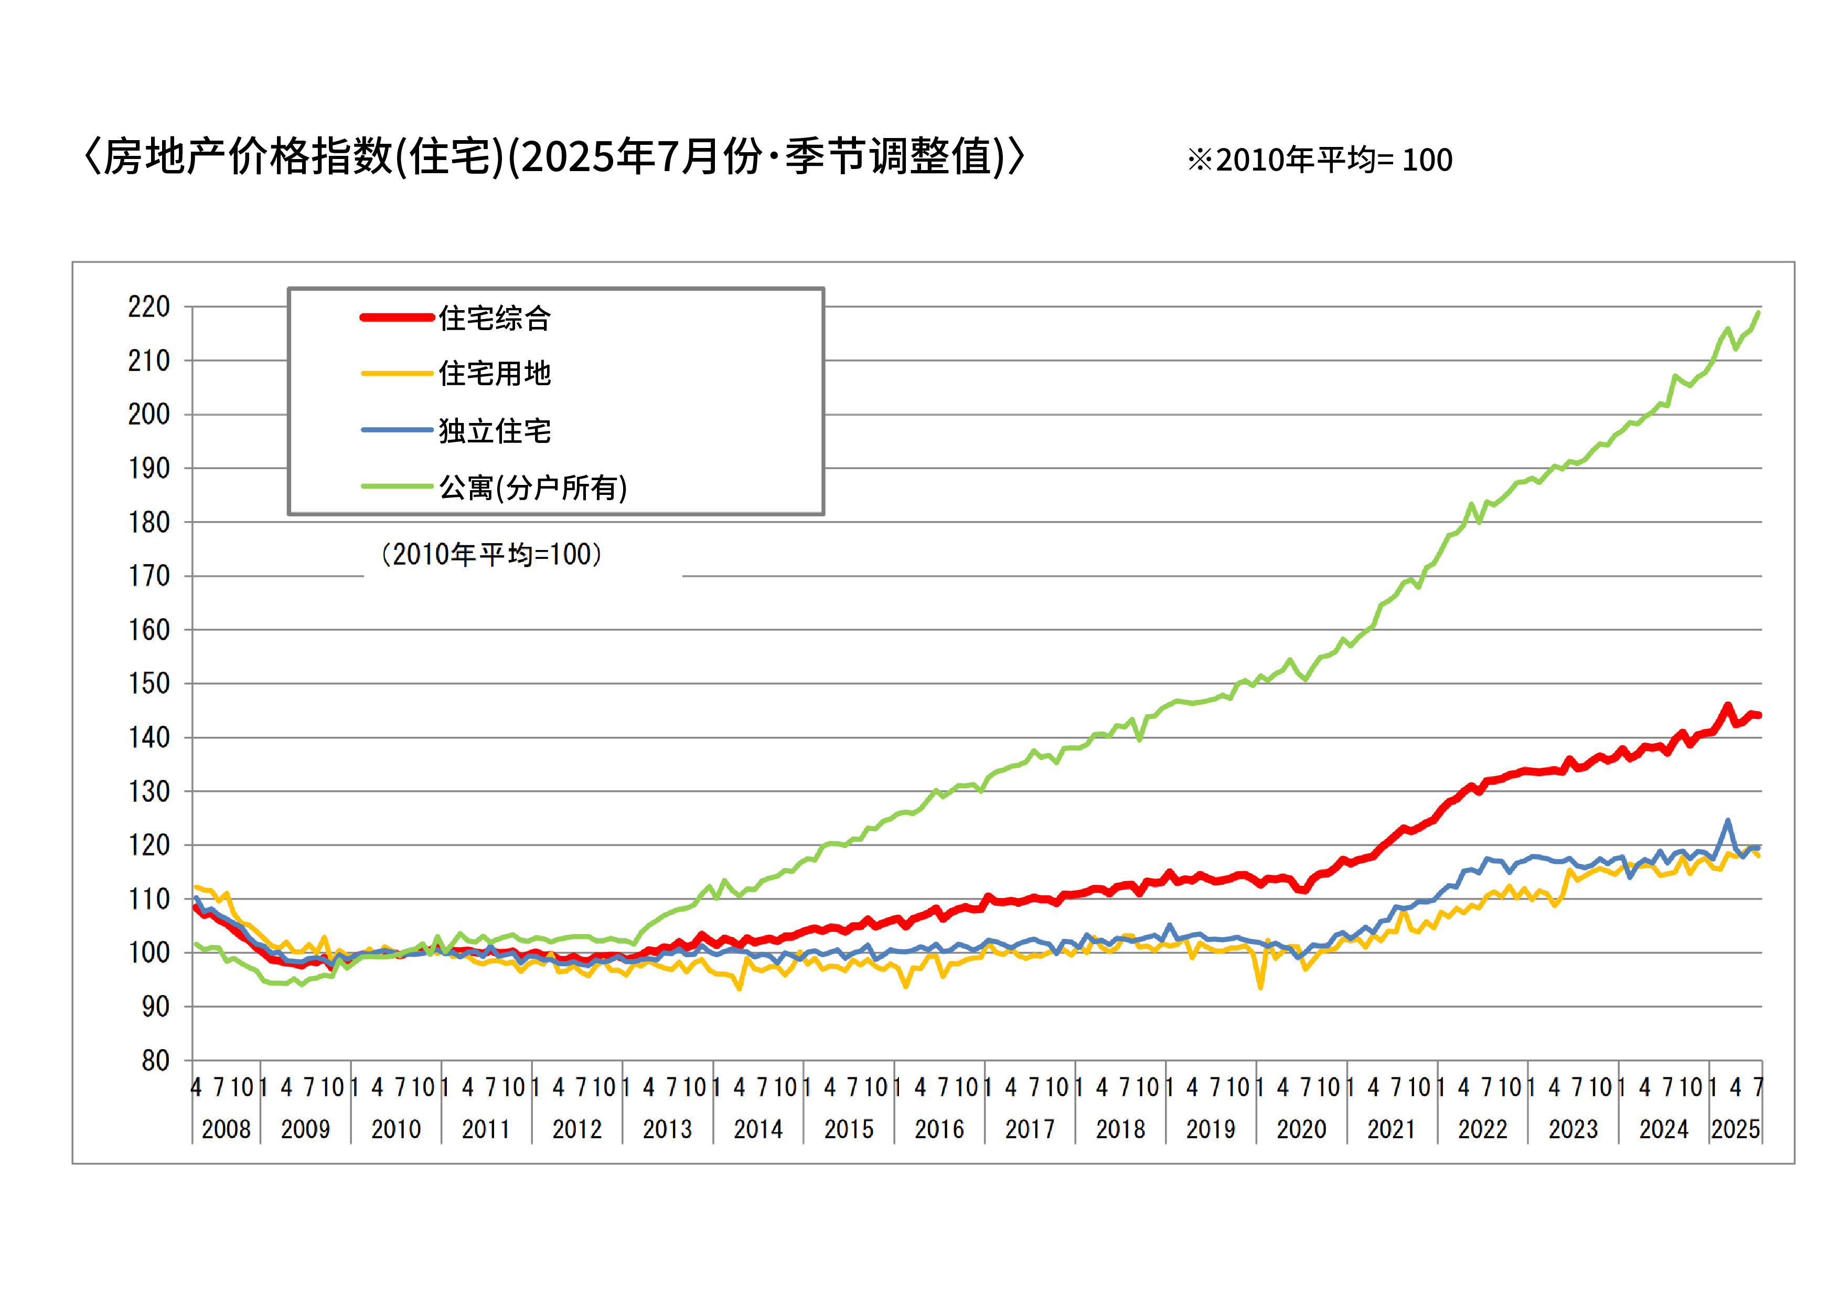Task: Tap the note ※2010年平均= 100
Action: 1319,160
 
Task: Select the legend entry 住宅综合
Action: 495,319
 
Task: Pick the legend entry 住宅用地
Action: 495,374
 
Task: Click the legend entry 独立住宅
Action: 495,431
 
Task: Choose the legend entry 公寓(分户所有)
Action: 533,488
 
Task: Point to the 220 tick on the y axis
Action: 149,306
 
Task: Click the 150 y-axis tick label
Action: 149,684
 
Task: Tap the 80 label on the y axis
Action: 155,1061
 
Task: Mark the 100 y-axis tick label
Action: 149,952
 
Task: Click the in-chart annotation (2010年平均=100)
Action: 491,554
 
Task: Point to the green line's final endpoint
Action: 1758,313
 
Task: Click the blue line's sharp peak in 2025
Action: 1728,820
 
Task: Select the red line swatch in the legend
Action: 397,317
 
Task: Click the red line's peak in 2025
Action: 1728,705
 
